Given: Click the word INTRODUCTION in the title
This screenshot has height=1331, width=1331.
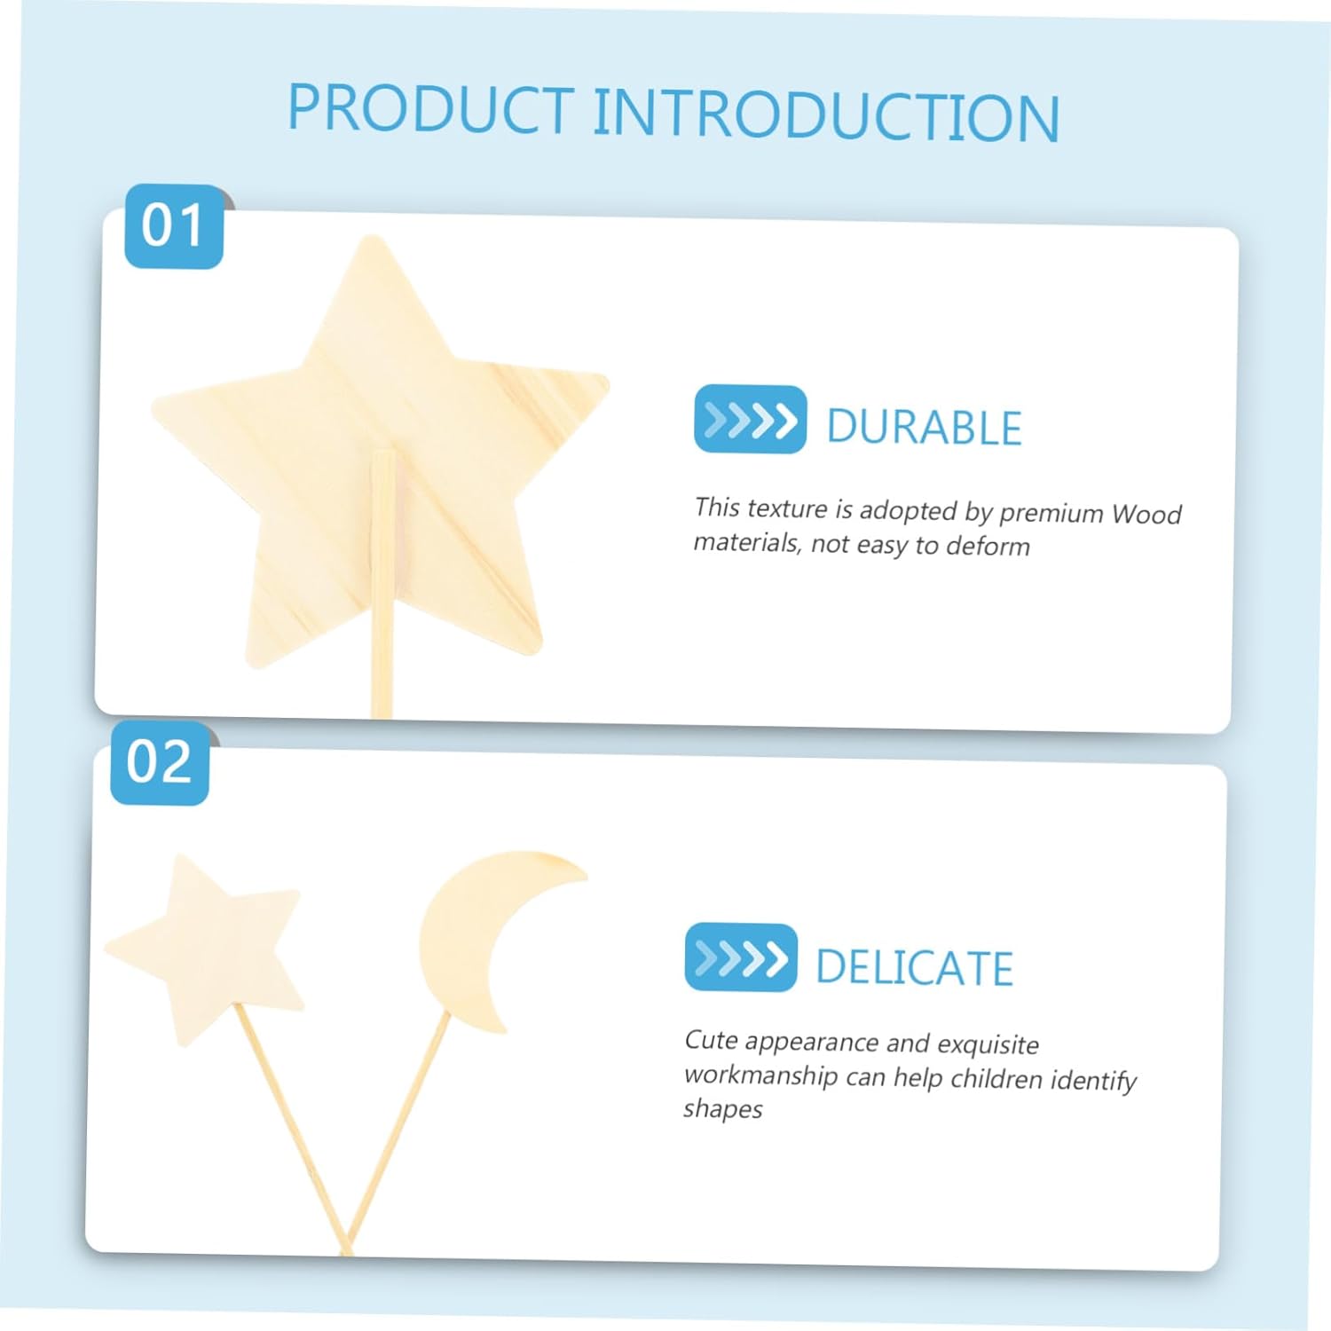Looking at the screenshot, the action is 826,115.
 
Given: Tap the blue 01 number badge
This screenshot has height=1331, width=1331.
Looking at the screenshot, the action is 174,225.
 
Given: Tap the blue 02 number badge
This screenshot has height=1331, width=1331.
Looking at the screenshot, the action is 160,762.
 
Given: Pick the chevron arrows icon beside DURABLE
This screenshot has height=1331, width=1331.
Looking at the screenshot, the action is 750,419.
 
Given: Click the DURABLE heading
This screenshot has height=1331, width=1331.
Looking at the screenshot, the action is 924,427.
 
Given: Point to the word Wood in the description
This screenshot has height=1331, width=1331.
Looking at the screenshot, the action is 1146,514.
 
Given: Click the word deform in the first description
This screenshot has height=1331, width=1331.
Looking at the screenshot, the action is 988,546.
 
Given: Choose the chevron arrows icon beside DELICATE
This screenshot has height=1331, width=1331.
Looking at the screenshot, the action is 741,957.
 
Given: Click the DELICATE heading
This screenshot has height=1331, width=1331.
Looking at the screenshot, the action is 914,967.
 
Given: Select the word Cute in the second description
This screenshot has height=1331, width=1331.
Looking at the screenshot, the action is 711,1040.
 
